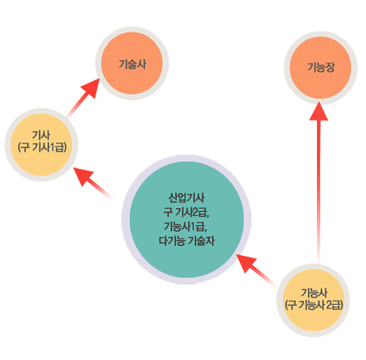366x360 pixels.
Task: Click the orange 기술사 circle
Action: click(x=132, y=63)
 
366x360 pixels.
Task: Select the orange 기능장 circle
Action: click(x=321, y=67)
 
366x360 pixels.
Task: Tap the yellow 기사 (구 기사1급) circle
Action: click(x=42, y=145)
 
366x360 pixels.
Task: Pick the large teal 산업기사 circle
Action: click(x=186, y=220)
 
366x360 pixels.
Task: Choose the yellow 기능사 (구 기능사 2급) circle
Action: click(x=313, y=300)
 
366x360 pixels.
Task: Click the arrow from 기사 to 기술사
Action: click(x=83, y=98)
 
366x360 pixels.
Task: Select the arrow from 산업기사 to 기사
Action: click(x=93, y=183)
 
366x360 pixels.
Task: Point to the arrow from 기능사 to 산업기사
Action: click(x=257, y=270)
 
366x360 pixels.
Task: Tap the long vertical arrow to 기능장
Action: click(x=318, y=183)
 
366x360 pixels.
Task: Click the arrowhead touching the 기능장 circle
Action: click(x=318, y=111)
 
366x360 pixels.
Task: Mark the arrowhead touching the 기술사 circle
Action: click(x=91, y=88)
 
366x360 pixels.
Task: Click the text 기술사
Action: click(x=132, y=64)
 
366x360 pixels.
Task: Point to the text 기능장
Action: click(x=321, y=67)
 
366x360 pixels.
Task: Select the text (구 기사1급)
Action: click(x=42, y=147)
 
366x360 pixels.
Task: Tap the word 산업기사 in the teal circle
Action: click(x=186, y=198)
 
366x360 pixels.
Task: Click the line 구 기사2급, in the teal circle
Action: click(x=186, y=212)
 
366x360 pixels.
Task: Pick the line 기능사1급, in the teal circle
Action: click(x=186, y=226)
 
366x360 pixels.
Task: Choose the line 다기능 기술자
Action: click(x=186, y=241)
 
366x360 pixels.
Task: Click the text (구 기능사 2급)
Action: click(x=314, y=305)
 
